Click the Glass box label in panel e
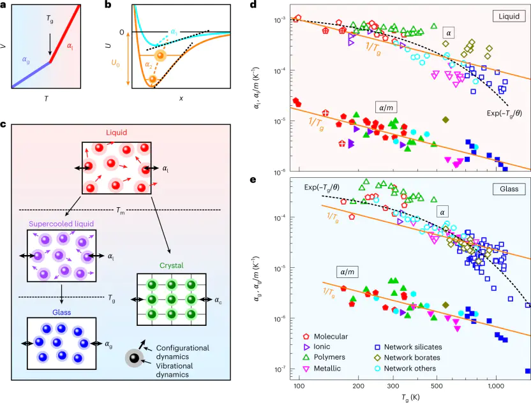click(x=505, y=189)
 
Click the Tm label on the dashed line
click(x=117, y=210)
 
